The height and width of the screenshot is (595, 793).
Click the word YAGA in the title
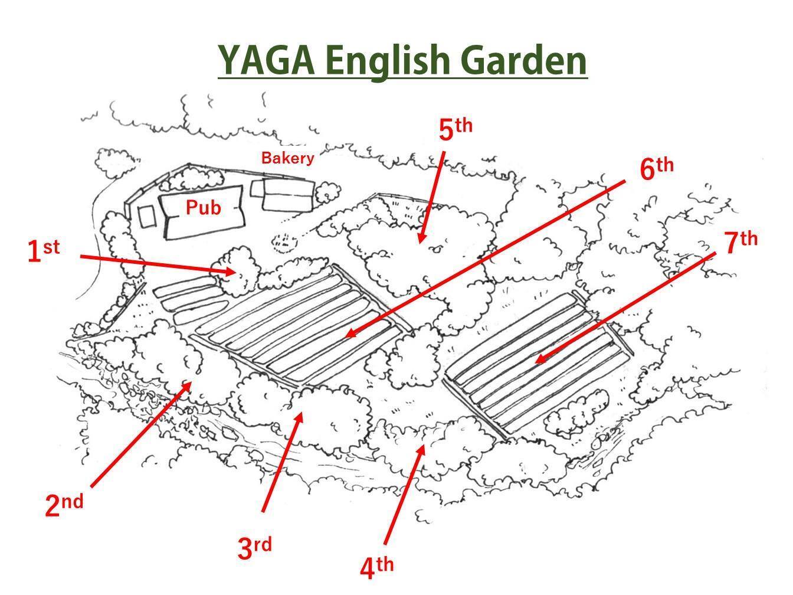coord(267,60)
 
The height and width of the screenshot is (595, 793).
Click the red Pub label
coord(203,208)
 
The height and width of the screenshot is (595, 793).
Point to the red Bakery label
coord(287,158)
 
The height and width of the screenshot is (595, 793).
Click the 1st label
coord(44,251)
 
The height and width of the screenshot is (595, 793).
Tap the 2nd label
coord(64,504)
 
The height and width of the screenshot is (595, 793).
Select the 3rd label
coord(254,548)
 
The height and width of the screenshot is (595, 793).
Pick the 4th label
coord(377,567)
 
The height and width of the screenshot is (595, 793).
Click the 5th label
coord(456,129)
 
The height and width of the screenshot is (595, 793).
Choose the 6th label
coord(657,168)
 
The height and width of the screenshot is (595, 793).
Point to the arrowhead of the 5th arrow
coord(421,237)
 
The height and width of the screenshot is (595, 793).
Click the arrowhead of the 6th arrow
coord(351,334)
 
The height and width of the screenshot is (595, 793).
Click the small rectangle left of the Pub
coord(148,216)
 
